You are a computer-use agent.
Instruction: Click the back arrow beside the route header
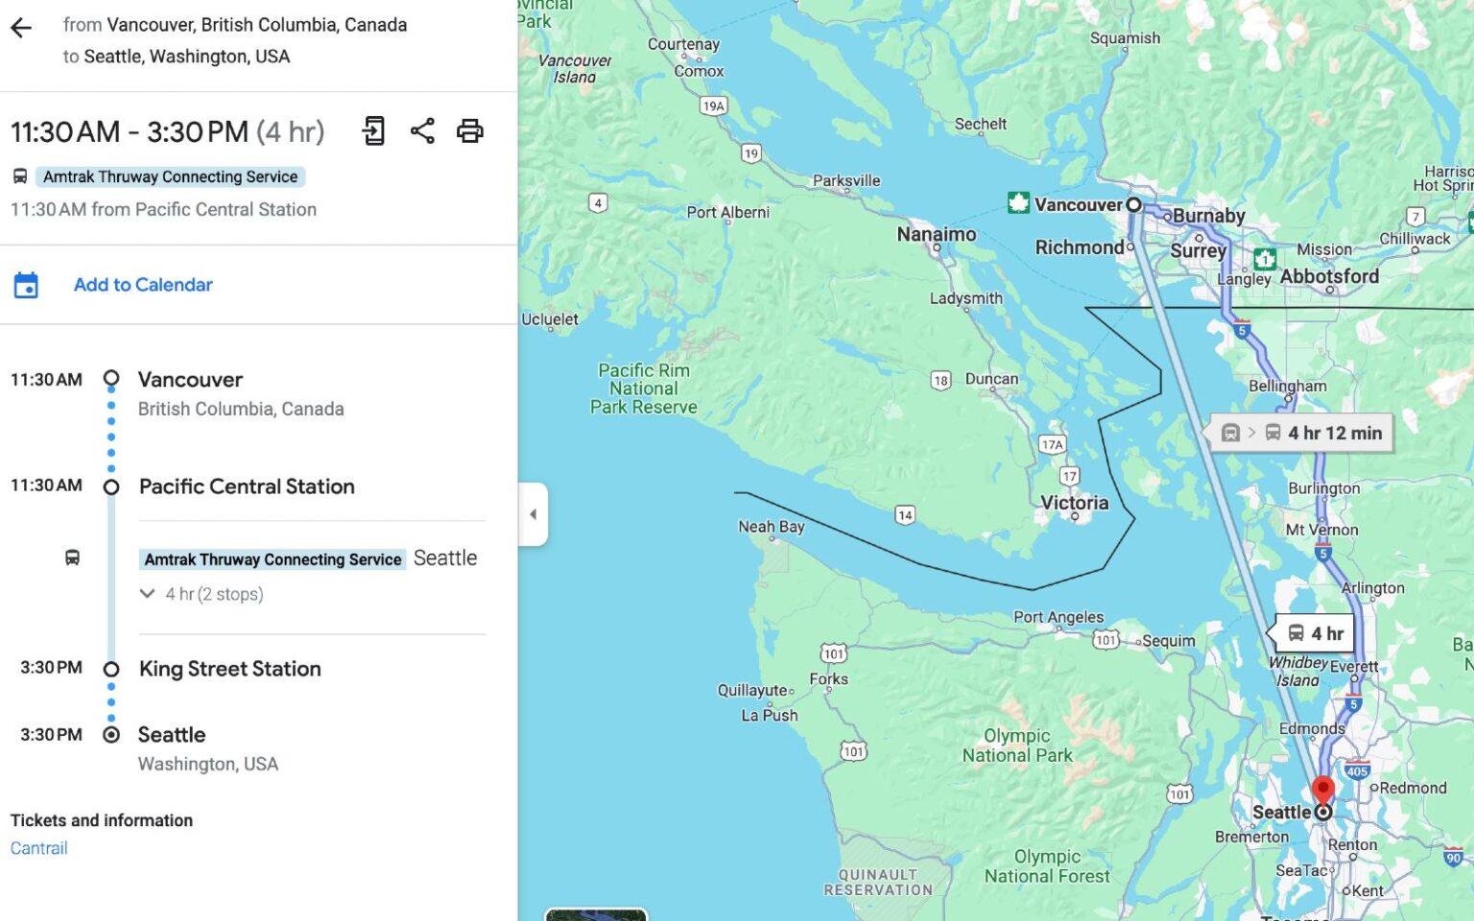click(21, 28)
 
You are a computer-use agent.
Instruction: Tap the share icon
click(422, 131)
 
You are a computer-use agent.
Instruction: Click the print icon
click(469, 131)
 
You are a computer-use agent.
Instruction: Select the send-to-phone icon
click(373, 131)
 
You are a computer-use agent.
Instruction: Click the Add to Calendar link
click(143, 285)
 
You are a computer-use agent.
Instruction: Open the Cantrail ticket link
click(39, 848)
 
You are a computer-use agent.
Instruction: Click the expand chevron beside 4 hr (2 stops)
click(147, 594)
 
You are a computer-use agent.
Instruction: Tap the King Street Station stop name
click(229, 669)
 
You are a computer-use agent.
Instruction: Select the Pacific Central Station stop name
click(247, 486)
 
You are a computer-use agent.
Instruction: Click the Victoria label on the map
click(1074, 503)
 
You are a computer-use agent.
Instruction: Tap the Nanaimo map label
click(936, 234)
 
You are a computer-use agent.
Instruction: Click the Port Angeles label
click(1058, 617)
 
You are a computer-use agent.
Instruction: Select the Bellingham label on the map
click(1287, 386)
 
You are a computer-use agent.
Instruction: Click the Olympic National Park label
click(1017, 745)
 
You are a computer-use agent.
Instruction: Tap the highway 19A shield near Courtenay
click(713, 106)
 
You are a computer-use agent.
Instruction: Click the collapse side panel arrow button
click(534, 514)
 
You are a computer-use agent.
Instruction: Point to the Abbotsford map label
click(1329, 276)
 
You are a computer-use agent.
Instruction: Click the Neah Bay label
click(771, 527)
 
